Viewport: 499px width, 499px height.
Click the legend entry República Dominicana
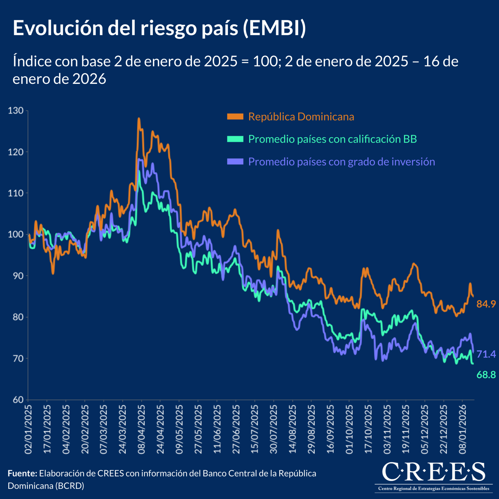pyautogui.click(x=301, y=117)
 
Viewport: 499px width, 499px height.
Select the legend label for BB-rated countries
pyautogui.click(x=332, y=139)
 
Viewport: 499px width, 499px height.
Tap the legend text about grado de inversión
pyautogui.click(x=342, y=162)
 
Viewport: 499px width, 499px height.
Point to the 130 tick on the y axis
pyautogui.click(x=15, y=111)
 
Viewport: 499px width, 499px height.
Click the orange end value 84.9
pyautogui.click(x=486, y=304)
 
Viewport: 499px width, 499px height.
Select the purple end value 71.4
pyautogui.click(x=486, y=354)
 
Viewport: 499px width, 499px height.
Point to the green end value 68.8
pyautogui.click(x=486, y=375)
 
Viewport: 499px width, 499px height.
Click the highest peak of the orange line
pyautogui.click(x=139, y=119)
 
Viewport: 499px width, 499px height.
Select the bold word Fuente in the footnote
pyautogui.click(x=22, y=474)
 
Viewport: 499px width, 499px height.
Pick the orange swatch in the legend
pyautogui.click(x=235, y=117)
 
